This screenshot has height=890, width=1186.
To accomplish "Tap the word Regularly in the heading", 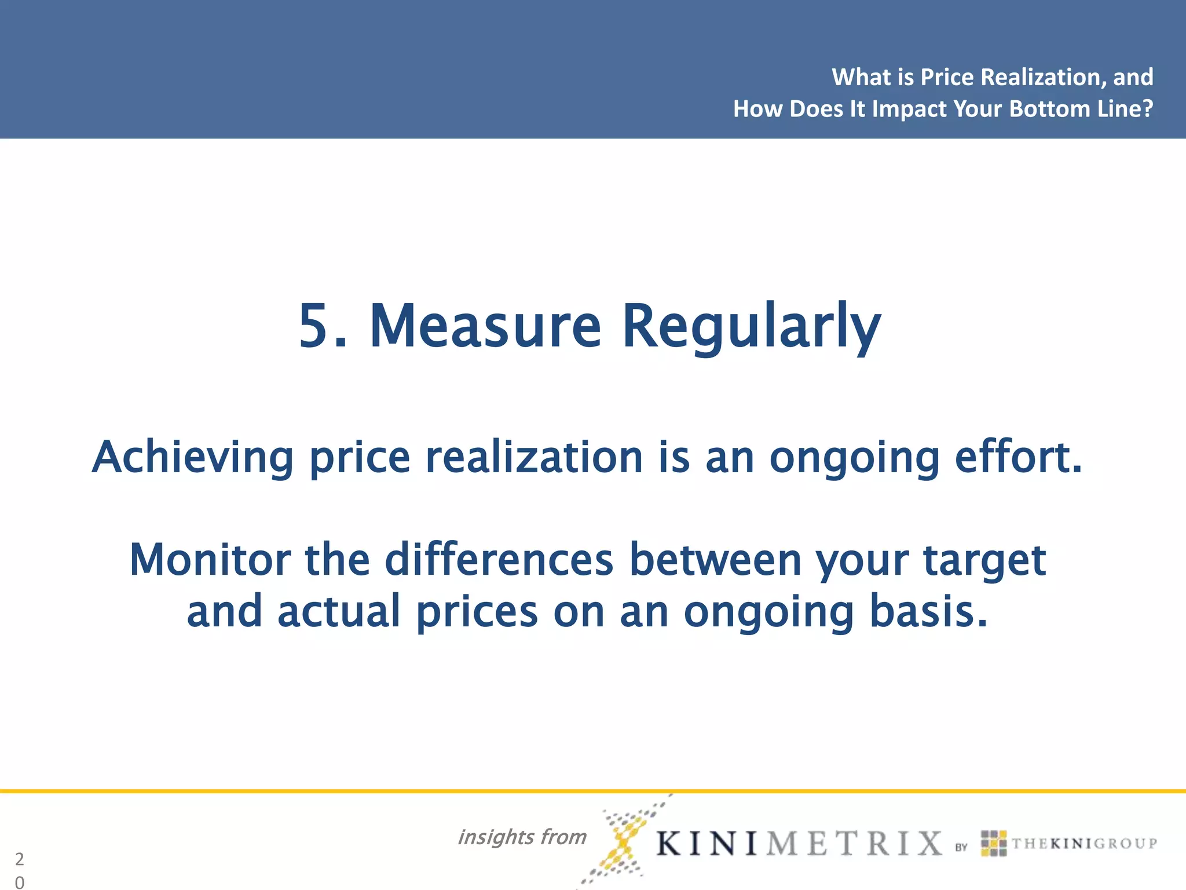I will pyautogui.click(x=751, y=327).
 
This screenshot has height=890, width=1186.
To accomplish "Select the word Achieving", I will pyautogui.click(x=193, y=457).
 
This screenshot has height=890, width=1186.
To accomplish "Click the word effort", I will pyautogui.click(x=1018, y=457).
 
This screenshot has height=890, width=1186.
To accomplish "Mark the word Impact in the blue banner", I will pyautogui.click(x=909, y=110).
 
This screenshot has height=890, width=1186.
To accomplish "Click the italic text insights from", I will pyautogui.click(x=522, y=837).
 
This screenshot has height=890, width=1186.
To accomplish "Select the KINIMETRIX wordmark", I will pyautogui.click(x=799, y=843).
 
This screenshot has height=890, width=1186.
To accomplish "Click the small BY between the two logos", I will pyautogui.click(x=961, y=847).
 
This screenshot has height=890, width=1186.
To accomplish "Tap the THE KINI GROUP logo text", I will pyautogui.click(x=1084, y=844).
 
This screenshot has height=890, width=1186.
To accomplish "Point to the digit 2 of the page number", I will pyautogui.click(x=20, y=859).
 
